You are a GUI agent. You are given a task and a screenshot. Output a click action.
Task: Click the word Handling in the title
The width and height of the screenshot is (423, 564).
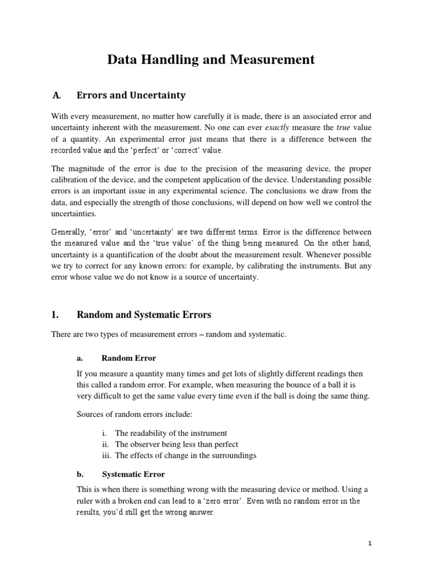tap(178, 60)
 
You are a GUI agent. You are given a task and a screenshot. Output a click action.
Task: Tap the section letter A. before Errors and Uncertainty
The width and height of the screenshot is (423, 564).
tap(55, 95)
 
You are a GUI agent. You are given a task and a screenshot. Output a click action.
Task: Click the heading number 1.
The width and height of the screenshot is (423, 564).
tap(55, 315)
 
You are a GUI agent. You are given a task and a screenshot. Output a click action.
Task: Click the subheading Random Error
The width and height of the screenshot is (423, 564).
tap(129, 359)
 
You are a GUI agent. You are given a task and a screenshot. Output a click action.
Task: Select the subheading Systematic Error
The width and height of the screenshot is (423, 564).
tap(133, 474)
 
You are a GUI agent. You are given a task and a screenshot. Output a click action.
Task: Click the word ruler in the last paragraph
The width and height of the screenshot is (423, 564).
tap(86, 501)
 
